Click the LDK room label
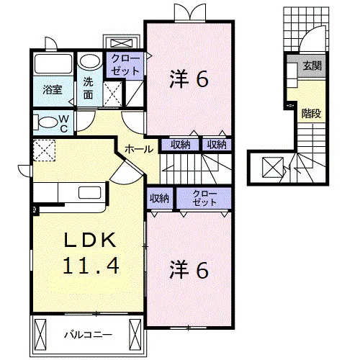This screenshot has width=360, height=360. tap(90, 240)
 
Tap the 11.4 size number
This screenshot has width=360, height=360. tap(91, 266)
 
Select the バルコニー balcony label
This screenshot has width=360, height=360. tap(88, 334)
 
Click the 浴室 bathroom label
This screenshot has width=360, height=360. tap(53, 89)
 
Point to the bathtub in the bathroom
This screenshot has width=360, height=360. tap(53, 64)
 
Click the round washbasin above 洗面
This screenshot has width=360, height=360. tap(90, 62)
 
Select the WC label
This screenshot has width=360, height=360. tap(64, 124)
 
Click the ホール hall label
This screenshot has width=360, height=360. tap(139, 149)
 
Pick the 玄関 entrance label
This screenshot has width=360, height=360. tap(312, 66)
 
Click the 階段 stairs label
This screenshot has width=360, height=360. tap(311, 113)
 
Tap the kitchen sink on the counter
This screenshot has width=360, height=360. tap(89, 193)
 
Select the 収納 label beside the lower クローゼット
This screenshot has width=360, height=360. tap(159, 199)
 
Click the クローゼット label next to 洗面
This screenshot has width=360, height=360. tap(125, 65)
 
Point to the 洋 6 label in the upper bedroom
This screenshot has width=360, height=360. tap(189, 79)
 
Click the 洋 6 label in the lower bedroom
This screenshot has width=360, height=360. tap(189, 270)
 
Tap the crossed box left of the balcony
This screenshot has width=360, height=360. tap(40, 335)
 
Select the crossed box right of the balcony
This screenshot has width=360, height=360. tap(135, 335)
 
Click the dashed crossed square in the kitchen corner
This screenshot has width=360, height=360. tap(44, 150)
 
